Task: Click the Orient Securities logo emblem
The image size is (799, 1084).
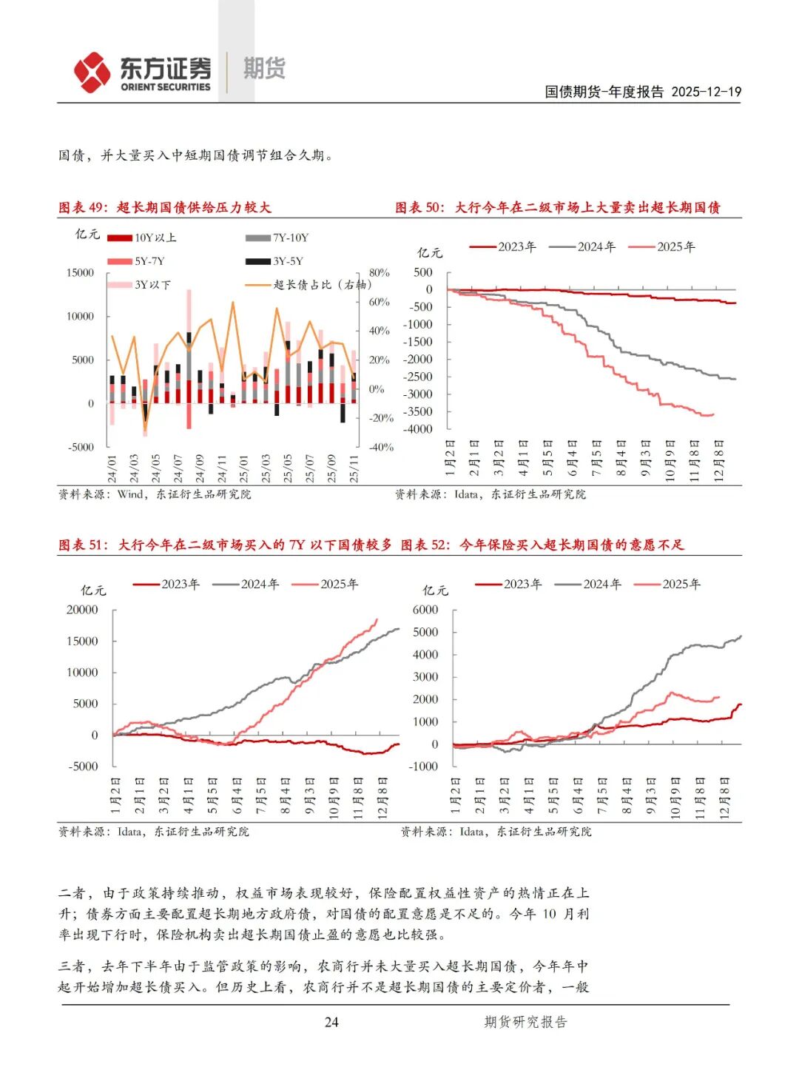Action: pos(92,73)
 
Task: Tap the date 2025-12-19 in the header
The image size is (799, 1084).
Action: pos(706,92)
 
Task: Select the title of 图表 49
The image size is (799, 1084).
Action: pos(164,207)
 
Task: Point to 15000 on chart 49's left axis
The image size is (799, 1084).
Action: pos(81,272)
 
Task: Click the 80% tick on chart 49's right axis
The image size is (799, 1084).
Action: pos(379,272)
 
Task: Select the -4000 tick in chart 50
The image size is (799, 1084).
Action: pos(418,429)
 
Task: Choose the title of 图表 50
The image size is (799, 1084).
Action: pos(557,207)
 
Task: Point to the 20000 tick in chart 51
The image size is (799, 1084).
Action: pos(82,610)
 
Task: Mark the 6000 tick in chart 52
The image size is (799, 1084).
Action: pos(425,610)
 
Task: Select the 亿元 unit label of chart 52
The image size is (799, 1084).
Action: pos(435,590)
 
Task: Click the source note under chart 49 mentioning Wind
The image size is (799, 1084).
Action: pos(155,494)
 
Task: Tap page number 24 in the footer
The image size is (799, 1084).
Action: pos(331,1022)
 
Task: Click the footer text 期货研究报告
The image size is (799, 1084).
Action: pos(525,1022)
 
